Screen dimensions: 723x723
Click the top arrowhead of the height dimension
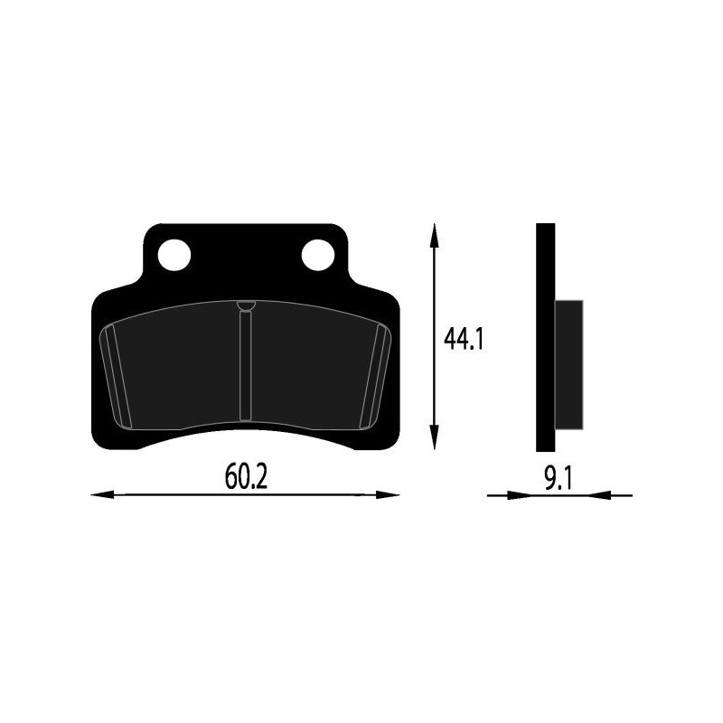pos(435,233)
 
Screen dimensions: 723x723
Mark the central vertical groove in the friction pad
pos(244,371)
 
